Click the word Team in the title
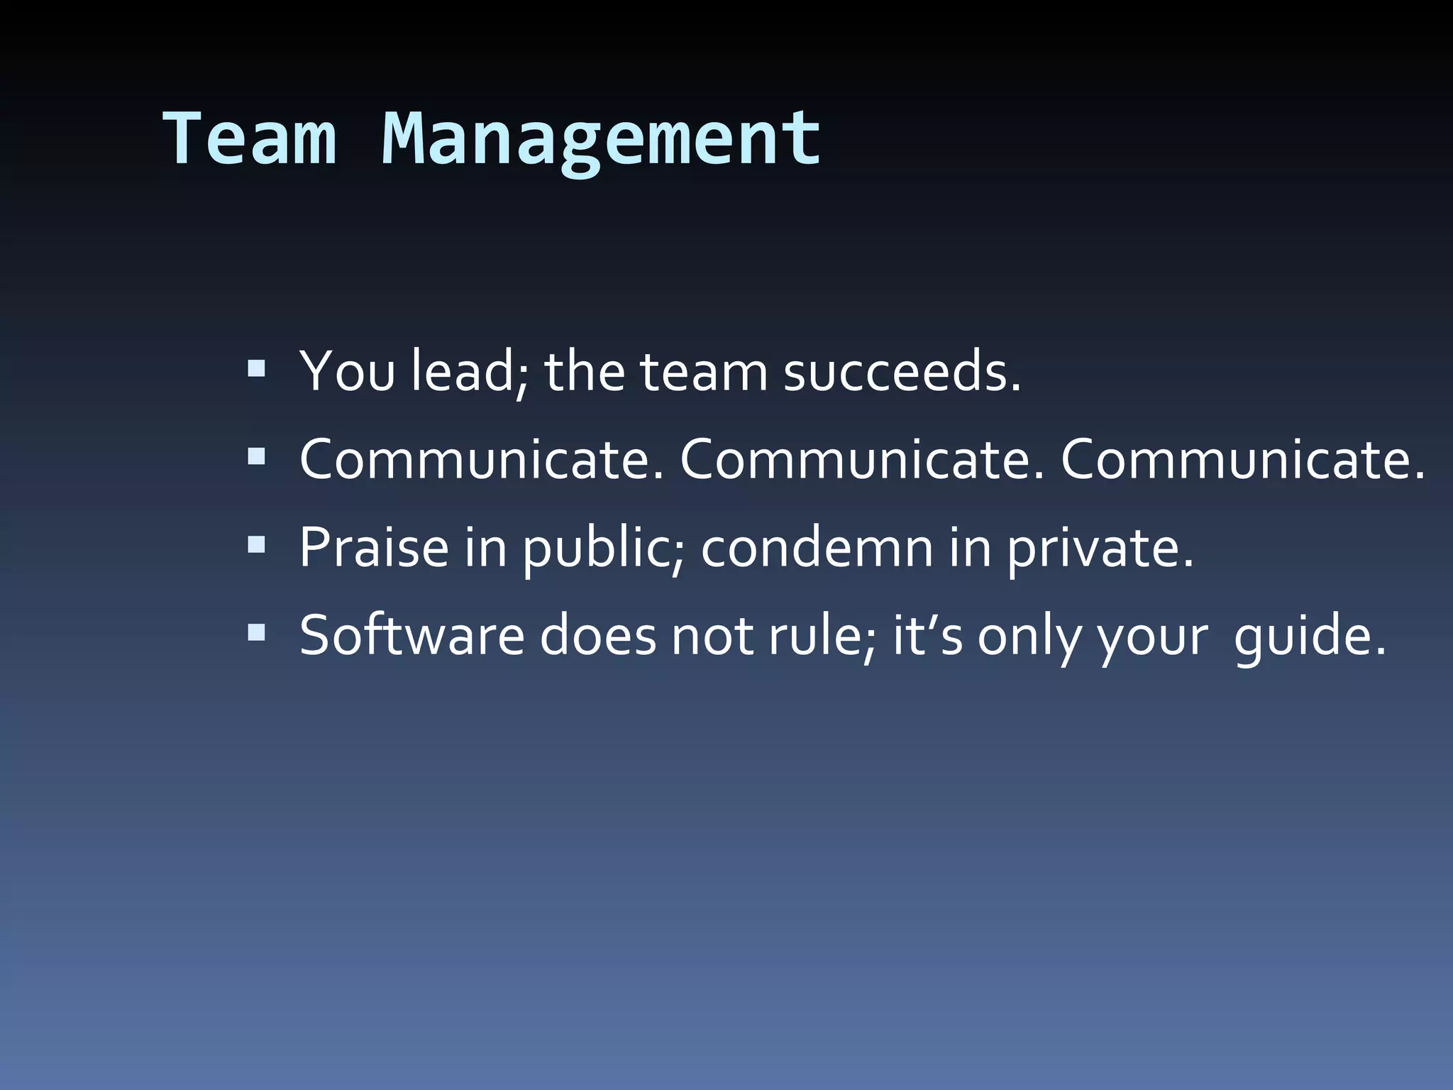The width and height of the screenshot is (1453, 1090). pos(250,138)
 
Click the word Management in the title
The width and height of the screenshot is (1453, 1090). pos(602,138)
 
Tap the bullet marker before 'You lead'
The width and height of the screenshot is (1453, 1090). pos(256,368)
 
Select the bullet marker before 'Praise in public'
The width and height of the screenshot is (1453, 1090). pos(256,544)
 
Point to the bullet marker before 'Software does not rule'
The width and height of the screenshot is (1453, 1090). pos(256,632)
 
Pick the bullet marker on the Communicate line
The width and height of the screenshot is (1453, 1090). pos(256,456)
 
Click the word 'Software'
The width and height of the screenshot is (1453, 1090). pos(411,635)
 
